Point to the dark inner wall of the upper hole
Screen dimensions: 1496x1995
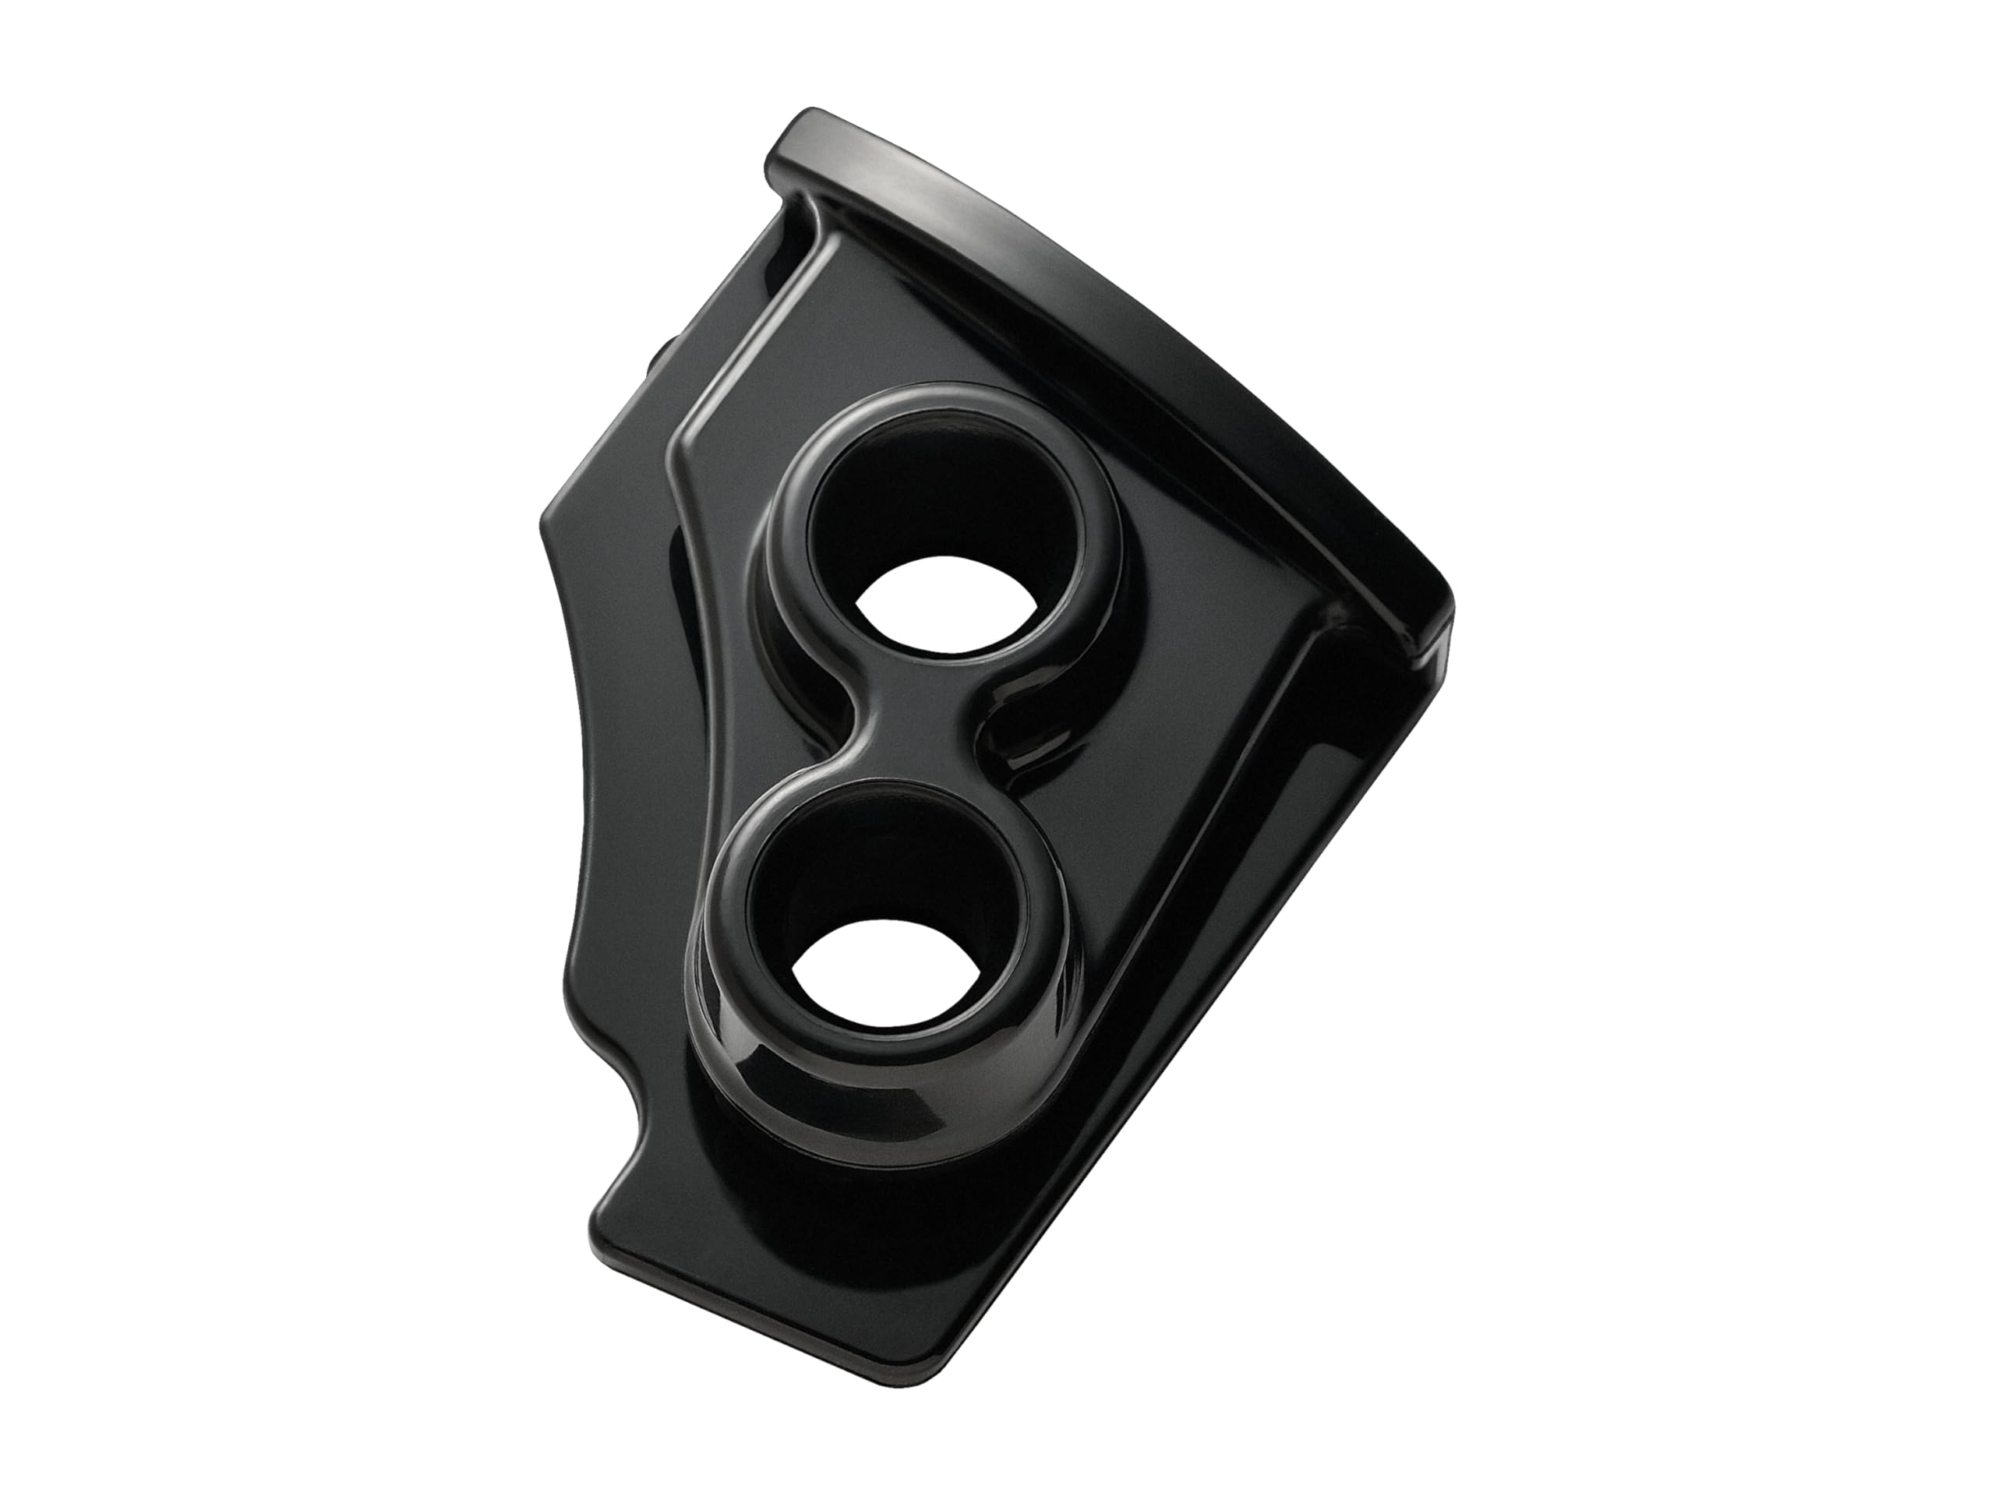coord(902,505)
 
